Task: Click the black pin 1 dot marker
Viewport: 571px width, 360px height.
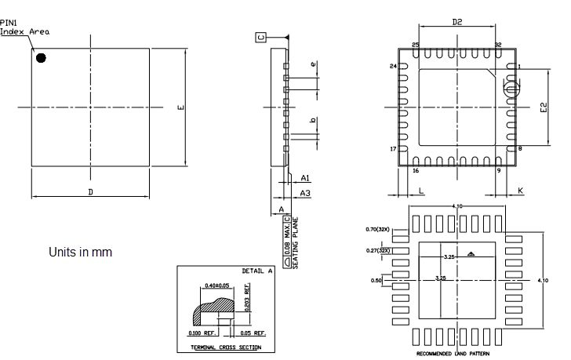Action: (41, 57)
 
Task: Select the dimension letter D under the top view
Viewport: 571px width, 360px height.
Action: (90, 191)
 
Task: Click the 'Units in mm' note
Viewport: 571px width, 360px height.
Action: (80, 252)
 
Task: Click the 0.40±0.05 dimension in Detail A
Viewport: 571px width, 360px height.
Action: (216, 285)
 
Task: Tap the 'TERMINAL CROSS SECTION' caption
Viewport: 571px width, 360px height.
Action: (227, 347)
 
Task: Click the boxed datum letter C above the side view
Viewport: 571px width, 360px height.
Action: (260, 38)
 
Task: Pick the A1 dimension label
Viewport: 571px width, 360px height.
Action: (305, 178)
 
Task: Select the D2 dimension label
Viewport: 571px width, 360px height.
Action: (456, 23)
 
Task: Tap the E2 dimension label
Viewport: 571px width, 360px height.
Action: (543, 107)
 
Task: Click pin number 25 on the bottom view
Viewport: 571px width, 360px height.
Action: (416, 45)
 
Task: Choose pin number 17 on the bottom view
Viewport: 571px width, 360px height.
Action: (394, 148)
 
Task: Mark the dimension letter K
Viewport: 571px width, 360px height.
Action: (520, 191)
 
